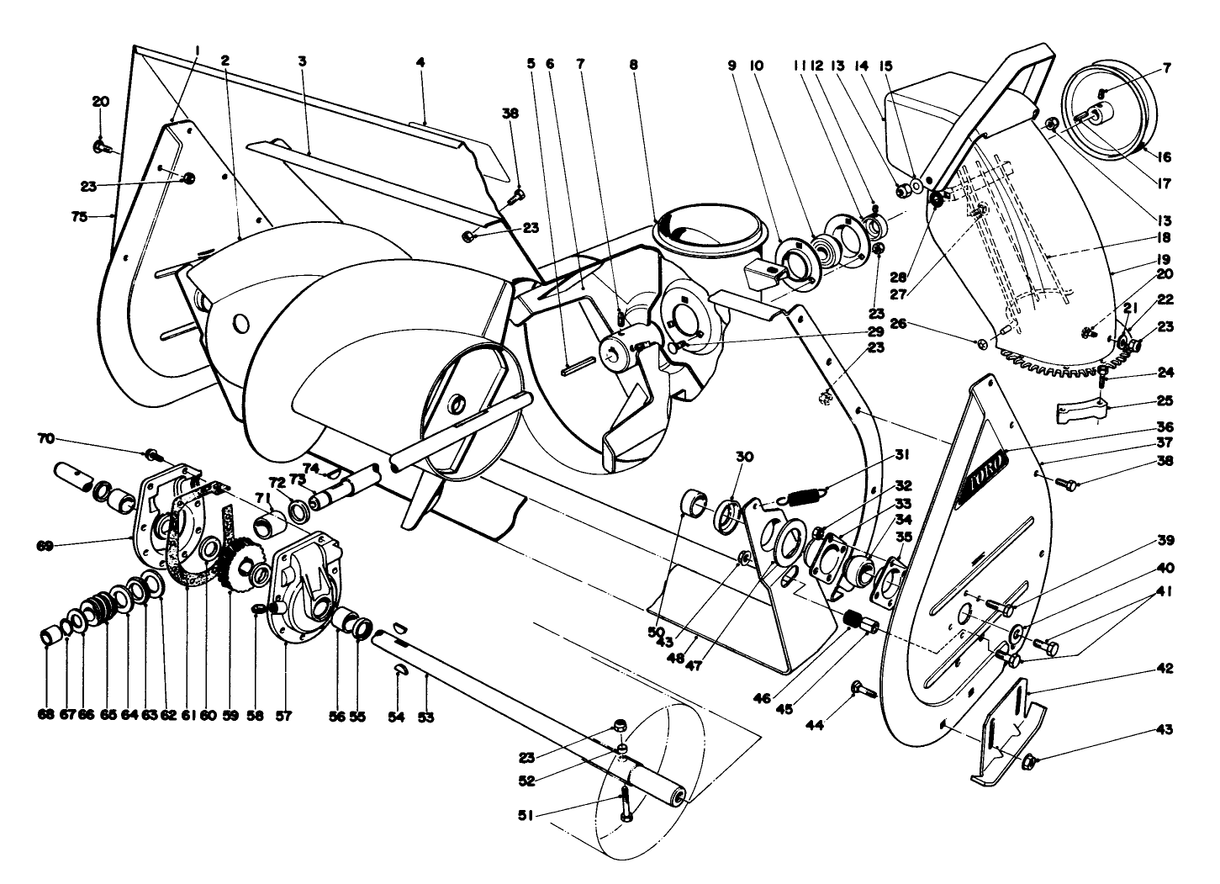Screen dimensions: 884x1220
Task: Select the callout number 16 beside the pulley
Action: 1164,156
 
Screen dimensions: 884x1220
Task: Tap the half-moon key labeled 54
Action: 401,669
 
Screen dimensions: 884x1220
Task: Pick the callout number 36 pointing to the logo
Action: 1164,426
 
